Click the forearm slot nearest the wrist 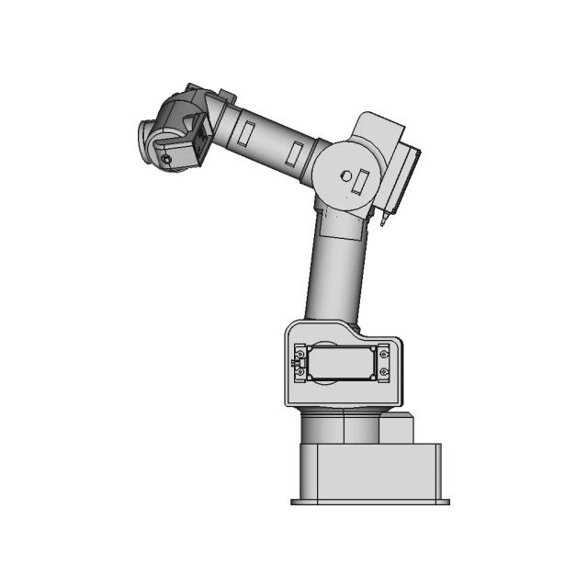245,133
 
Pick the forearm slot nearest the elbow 296,154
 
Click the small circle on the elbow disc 345,175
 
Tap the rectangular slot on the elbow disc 363,181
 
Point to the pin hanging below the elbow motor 384,221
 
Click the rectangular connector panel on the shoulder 339,363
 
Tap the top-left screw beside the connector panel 300,350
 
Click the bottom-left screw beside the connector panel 300,373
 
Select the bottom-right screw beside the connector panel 384,372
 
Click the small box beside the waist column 398,429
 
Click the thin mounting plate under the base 370,503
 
